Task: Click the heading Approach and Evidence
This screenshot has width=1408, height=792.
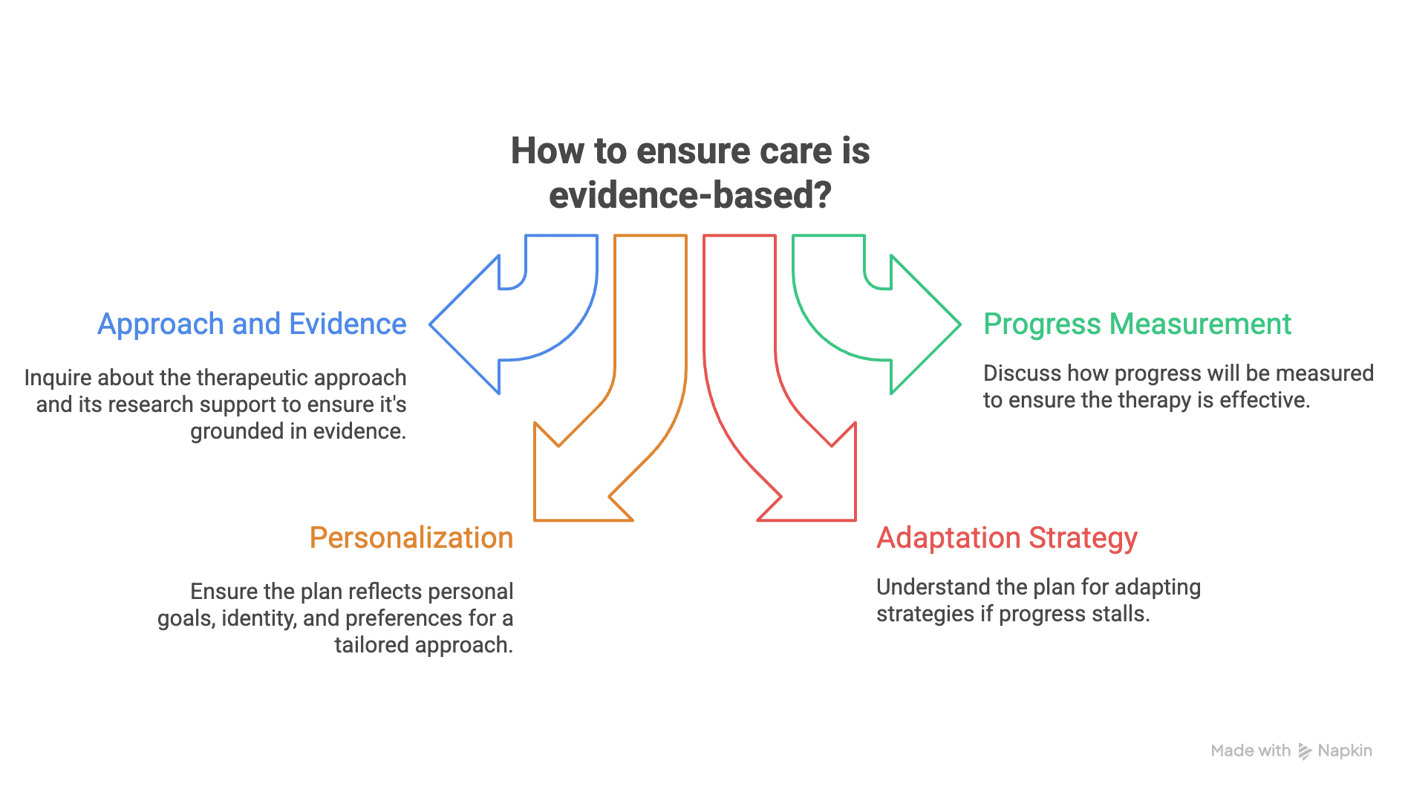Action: [252, 324]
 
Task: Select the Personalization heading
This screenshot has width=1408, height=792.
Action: [411, 538]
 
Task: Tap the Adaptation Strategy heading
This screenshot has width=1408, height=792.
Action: [1006, 538]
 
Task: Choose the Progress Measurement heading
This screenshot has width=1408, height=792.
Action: [1137, 324]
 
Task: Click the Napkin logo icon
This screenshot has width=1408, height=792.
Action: [1305, 751]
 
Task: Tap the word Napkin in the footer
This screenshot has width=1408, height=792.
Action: [1345, 751]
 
